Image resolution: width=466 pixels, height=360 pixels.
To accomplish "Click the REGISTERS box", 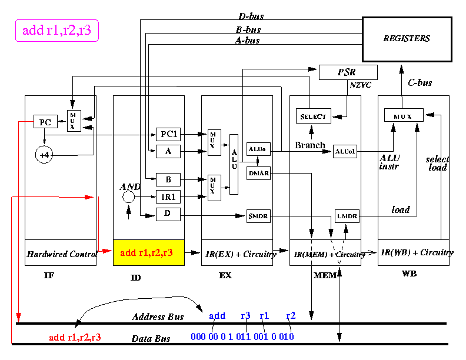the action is [407, 39].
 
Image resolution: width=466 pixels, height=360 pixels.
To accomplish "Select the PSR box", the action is [348, 72].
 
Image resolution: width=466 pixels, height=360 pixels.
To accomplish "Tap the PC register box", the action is [45, 122].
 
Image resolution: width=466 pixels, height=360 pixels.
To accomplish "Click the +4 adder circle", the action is [44, 155].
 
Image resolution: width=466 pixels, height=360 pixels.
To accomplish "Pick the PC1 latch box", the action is [168, 134].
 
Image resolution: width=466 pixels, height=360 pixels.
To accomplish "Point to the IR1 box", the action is [168, 196].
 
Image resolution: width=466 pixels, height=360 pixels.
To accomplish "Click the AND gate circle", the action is [128, 196].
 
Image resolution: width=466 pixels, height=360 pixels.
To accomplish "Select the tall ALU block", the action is [234, 164].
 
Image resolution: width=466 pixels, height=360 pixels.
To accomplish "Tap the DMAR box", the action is [258, 173].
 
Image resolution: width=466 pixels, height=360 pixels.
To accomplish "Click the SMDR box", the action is [258, 216].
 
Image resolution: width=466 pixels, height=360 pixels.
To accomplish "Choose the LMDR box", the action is [347, 216].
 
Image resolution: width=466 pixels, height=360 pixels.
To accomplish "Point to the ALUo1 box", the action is [345, 152].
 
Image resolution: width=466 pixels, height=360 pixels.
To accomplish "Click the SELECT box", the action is [314, 116].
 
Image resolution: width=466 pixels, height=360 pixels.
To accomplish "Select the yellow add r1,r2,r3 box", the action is [149, 252].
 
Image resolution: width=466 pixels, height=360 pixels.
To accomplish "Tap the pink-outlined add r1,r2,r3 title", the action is [56, 31].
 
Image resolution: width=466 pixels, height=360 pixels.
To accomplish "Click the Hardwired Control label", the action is [62, 254].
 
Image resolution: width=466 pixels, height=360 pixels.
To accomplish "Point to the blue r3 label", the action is [245, 315].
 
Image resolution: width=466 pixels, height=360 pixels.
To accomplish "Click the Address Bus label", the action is [158, 316].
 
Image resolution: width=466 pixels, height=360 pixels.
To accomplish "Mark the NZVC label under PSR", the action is [361, 85].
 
